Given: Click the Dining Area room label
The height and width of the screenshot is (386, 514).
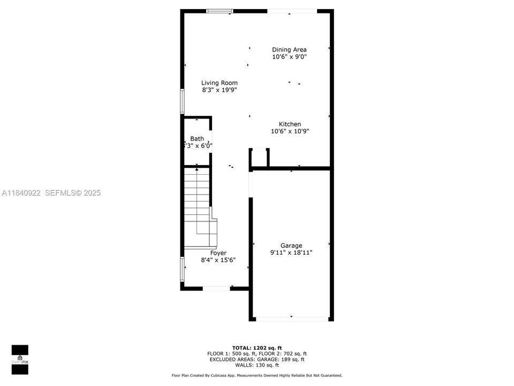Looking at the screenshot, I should tap(289, 49).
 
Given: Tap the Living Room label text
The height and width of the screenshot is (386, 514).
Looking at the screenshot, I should tap(219, 83).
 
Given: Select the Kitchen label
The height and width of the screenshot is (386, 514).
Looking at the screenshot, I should tap(290, 124).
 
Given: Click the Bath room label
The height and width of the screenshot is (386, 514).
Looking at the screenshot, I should tap(196, 138).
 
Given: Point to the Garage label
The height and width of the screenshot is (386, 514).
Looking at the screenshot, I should tap(291, 246).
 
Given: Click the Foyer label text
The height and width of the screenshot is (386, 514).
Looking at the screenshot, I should tap(218, 253).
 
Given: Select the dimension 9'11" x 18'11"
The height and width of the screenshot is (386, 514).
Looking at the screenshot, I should tap(291, 253).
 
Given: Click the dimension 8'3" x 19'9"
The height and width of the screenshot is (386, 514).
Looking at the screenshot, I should tap(219, 90).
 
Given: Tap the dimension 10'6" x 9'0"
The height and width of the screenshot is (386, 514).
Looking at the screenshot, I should tap(289, 56).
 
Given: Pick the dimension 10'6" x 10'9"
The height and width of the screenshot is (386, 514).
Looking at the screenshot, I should tap(290, 131).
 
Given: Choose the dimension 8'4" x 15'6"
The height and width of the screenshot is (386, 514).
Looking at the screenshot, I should tap(218, 260).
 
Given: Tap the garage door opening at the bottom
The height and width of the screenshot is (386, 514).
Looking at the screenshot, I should tap(292, 319).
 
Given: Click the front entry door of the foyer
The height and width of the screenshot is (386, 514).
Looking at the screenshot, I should tap(216, 288).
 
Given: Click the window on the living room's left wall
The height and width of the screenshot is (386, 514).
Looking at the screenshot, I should tap(182, 101).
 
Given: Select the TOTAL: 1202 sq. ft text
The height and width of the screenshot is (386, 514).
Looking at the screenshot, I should tap(256, 347).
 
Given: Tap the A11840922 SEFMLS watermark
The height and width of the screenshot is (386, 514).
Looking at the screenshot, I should tap(51, 193).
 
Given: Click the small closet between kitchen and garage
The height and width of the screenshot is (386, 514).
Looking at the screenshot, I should tap(259, 158).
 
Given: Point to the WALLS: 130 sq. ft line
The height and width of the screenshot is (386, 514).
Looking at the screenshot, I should tap(256, 365).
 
